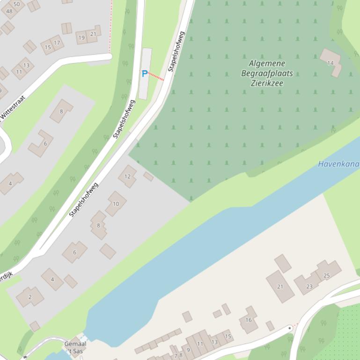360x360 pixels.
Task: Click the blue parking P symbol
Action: (145, 74)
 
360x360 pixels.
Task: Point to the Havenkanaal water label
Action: (338, 164)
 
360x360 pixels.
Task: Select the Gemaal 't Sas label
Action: (75, 347)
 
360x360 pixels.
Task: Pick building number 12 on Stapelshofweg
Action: (127, 176)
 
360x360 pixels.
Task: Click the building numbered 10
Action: (116, 203)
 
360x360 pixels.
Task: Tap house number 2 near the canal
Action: (30, 296)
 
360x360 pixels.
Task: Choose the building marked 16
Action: (249, 320)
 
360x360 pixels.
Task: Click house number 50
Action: (17, 4)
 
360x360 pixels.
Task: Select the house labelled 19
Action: (82, 37)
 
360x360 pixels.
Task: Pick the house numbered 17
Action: (57, 43)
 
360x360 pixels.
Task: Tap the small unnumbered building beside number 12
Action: (148, 176)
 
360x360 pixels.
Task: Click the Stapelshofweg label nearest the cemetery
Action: (176, 51)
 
